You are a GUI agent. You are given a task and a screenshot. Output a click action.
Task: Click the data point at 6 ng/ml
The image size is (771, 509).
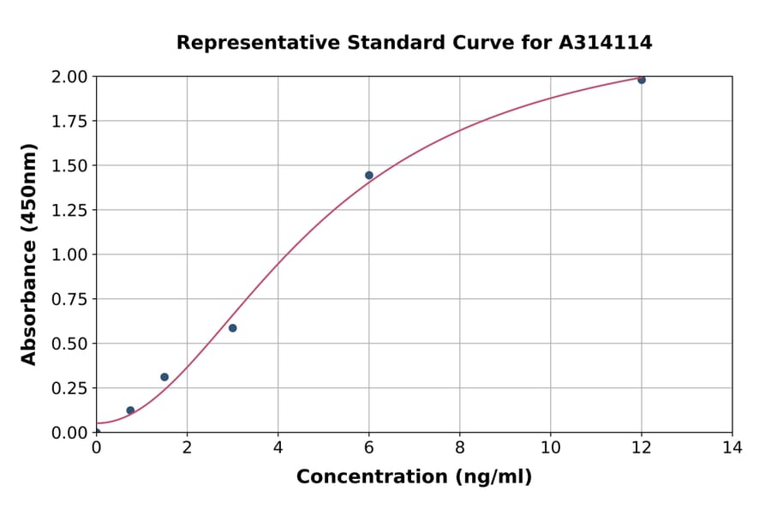pyautogui.click(x=369, y=176)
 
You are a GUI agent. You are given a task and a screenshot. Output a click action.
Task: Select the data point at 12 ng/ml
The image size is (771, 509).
pyautogui.click(x=642, y=80)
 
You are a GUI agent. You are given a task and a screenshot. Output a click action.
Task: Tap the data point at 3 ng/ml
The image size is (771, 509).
pyautogui.click(x=233, y=328)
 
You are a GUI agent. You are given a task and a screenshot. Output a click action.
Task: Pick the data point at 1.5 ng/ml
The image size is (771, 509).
pyautogui.click(x=164, y=377)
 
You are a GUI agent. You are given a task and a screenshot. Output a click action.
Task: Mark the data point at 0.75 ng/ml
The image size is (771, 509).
pyautogui.click(x=130, y=410)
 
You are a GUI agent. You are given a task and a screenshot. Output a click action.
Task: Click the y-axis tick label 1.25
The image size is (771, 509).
pyautogui.click(x=69, y=210)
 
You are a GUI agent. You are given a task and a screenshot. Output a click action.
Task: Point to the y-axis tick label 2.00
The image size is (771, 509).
pyautogui.click(x=69, y=77)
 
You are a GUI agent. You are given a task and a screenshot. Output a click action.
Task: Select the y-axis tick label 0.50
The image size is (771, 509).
pyautogui.click(x=69, y=344)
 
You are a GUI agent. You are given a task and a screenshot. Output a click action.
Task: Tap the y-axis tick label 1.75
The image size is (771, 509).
pyautogui.click(x=69, y=122)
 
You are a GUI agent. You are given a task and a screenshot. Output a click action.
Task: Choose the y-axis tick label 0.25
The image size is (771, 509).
pyautogui.click(x=69, y=388)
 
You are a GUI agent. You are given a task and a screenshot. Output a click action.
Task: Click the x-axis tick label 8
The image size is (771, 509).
pyautogui.click(x=460, y=447)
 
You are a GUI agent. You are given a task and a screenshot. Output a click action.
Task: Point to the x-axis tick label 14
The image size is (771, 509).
pyautogui.click(x=732, y=447)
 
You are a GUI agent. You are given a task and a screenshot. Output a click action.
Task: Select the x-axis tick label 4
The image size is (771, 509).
pyautogui.click(x=278, y=447)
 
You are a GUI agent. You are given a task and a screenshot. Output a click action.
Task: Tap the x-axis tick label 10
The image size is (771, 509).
pyautogui.click(x=551, y=447)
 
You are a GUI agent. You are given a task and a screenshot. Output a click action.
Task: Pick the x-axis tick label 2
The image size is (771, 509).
pyautogui.click(x=188, y=447)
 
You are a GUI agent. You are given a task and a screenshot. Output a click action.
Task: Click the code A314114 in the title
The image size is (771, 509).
pyautogui.click(x=606, y=43)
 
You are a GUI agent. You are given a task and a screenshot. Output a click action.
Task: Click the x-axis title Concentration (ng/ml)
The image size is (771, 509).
pyautogui.click(x=414, y=477)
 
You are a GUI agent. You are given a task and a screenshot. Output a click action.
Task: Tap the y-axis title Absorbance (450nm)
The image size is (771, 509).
pyautogui.click(x=29, y=254)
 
